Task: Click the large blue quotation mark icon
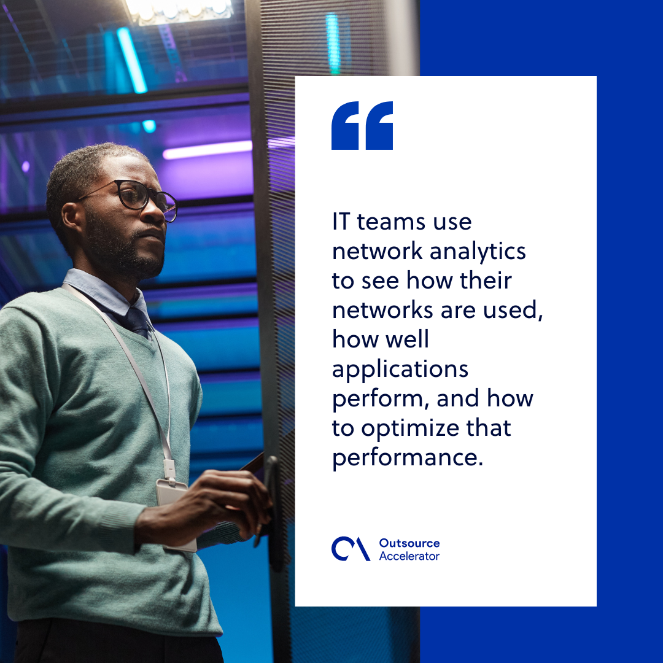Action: tap(362, 126)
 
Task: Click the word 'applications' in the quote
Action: tap(400, 370)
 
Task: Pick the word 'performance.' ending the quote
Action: tap(408, 458)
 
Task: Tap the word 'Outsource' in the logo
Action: tap(409, 543)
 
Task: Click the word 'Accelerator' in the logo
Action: tap(409, 556)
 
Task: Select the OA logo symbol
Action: tap(351, 549)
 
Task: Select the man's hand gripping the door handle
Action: tap(249, 497)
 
